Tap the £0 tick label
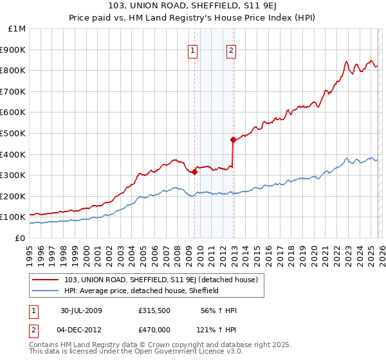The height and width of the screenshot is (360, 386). pos(21,238)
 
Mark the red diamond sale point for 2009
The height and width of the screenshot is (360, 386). pos(194,172)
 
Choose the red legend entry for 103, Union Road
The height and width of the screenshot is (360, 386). pos(161,280)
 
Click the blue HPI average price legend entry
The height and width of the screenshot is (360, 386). pos(142,291)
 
